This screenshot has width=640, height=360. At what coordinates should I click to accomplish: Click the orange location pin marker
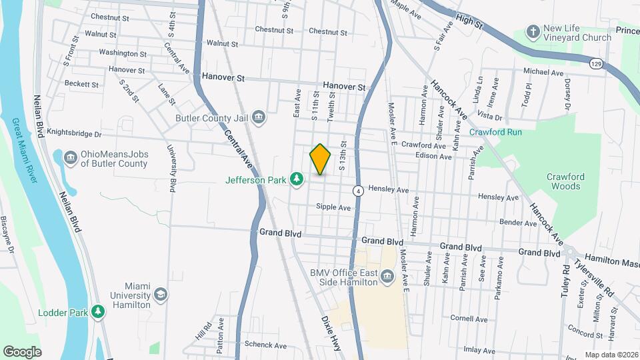tap(320, 159)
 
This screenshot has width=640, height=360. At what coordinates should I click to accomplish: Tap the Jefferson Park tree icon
tap(297, 179)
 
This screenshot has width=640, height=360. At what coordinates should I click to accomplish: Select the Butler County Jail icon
tap(259, 118)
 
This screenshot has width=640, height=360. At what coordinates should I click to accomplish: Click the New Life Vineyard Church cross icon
tap(533, 31)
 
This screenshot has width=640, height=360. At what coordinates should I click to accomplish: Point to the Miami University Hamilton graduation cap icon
tap(160, 294)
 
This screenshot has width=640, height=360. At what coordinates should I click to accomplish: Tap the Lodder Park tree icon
tap(98, 311)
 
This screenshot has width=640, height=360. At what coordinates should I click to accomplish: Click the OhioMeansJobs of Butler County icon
tap(71, 158)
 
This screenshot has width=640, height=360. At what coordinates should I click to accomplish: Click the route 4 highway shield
tap(358, 190)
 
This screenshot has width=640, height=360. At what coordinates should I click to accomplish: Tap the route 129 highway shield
tap(596, 63)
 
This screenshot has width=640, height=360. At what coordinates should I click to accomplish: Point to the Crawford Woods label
tap(565, 181)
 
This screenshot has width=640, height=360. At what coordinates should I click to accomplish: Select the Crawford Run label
tap(495, 132)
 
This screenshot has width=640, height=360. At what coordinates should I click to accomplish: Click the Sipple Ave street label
tap(333, 208)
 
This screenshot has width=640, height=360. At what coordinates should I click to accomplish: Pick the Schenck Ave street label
tap(265, 345)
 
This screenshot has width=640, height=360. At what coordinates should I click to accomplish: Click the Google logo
tap(22, 352)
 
